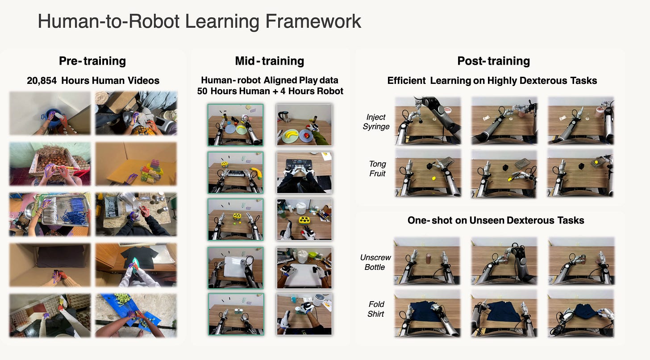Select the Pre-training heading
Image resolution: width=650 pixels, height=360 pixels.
tap(92, 61)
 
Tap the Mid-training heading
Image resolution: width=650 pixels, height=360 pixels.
tap(269, 61)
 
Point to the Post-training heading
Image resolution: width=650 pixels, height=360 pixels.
tap(493, 61)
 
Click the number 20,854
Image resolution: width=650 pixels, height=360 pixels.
tap(42, 81)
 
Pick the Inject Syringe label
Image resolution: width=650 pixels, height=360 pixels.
tap(377, 122)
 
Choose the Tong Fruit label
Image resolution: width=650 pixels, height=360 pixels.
tap(377, 169)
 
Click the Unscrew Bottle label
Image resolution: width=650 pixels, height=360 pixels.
tap(375, 263)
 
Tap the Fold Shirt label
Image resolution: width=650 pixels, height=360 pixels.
tap(376, 309)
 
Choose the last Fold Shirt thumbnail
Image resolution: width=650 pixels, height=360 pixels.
tap(580, 314)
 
